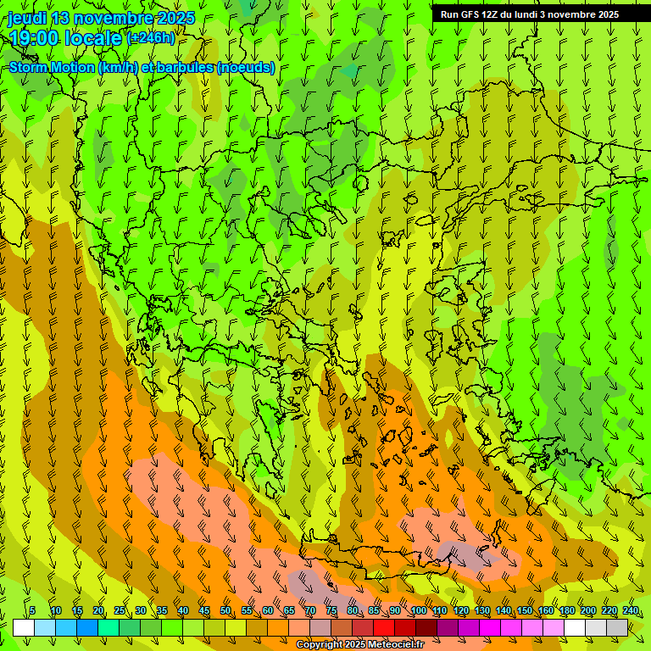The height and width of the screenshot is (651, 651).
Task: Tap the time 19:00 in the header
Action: click(36, 38)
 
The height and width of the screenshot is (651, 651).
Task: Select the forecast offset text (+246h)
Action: click(152, 38)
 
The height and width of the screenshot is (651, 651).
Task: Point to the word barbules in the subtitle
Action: click(186, 68)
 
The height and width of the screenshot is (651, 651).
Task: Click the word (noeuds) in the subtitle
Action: click(246, 68)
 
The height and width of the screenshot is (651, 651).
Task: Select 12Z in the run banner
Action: click(491, 14)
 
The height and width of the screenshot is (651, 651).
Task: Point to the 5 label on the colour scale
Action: click(32, 611)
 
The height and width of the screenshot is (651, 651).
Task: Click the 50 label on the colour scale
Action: click(225, 611)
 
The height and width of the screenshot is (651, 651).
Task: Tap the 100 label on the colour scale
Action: click(418, 611)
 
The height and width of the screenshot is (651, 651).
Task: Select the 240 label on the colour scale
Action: click(631, 611)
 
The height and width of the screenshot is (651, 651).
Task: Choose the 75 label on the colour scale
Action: click(331, 611)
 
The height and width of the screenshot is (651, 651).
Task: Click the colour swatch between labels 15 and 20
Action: click(87, 627)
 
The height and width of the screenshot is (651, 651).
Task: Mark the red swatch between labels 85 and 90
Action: click(384, 627)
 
